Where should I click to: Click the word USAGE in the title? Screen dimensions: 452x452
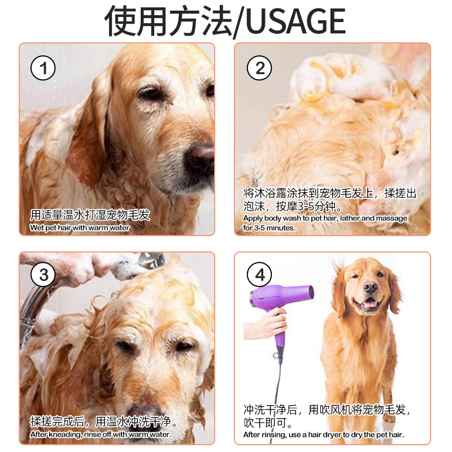click(296, 21)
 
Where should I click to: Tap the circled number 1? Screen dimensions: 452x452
click(43, 68)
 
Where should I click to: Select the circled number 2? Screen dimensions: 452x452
click(259, 68)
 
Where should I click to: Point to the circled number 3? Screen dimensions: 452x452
click(43, 275)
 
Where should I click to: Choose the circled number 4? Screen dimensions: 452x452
click(259, 275)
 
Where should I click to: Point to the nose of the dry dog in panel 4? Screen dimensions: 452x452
click(370, 287)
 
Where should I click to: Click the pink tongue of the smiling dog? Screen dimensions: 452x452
click(371, 303)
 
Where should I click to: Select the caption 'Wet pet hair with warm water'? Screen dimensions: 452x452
click(80, 228)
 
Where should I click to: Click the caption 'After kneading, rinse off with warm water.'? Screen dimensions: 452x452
click(101, 434)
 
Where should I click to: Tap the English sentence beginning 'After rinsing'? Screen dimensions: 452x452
click(324, 434)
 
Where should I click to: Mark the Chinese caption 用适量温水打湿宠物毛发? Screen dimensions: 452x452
click(90, 215)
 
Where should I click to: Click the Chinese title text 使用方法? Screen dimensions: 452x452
click(168, 21)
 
